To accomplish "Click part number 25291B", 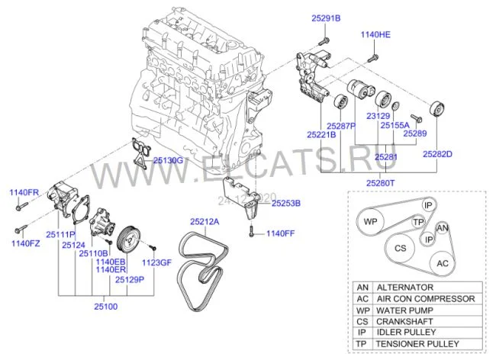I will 326,17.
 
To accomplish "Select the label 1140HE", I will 375,35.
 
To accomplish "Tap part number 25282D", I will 438,154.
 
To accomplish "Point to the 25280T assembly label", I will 379,183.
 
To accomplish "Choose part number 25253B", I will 286,204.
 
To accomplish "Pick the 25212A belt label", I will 204,221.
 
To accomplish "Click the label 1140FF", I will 279,233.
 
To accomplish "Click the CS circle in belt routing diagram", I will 400,249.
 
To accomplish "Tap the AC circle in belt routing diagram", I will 443,262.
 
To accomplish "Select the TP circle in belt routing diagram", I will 417,221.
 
